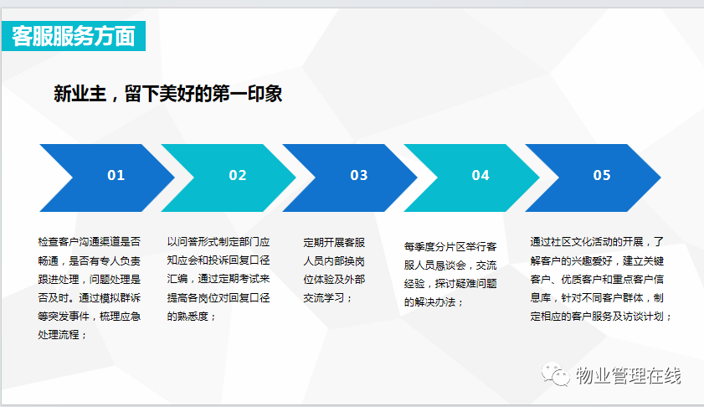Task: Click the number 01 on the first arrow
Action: click(x=116, y=175)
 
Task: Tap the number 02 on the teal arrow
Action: click(x=238, y=175)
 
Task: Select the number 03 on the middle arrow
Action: click(x=359, y=175)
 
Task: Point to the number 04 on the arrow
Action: click(x=480, y=175)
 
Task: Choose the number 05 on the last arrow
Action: click(x=602, y=175)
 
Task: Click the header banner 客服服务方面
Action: click(x=74, y=36)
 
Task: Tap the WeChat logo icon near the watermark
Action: click(x=555, y=374)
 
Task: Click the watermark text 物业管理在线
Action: click(x=629, y=375)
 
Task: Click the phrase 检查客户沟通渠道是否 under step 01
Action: click(x=90, y=242)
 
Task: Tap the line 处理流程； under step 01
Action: click(x=63, y=335)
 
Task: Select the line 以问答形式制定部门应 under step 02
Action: click(x=218, y=242)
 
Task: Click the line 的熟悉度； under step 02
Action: click(x=192, y=317)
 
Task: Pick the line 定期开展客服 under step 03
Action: click(x=334, y=243)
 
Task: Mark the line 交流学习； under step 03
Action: click(x=328, y=298)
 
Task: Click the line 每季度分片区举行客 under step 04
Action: click(x=450, y=246)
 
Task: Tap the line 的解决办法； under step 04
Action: click(x=434, y=302)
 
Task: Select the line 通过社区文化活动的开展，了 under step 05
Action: click(x=597, y=242)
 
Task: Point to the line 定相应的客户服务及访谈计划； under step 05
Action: click(x=601, y=317)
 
